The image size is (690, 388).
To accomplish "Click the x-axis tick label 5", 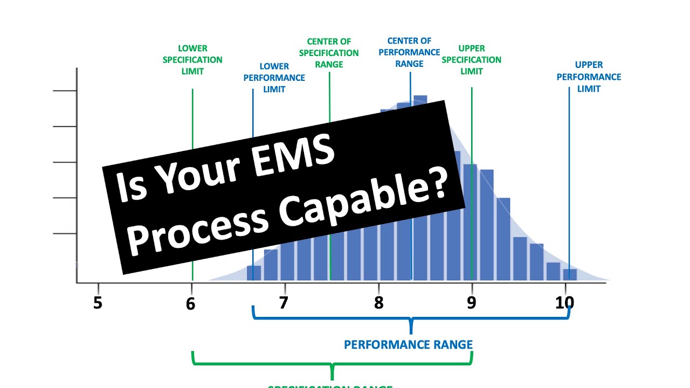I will pyautogui.click(x=98, y=303).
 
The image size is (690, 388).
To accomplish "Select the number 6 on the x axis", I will pyautogui.click(x=190, y=303).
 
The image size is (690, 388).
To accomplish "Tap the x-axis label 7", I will pyautogui.click(x=284, y=303).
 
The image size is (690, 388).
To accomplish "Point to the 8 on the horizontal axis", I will pyautogui.click(x=379, y=303).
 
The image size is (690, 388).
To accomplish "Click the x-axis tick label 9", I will pyautogui.click(x=472, y=303).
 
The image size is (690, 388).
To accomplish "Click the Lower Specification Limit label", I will pyautogui.click(x=192, y=60).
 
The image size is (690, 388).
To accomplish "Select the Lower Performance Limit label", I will pyautogui.click(x=274, y=78).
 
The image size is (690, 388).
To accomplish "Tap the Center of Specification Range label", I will pyautogui.click(x=329, y=53).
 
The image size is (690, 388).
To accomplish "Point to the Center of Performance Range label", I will pyautogui.click(x=410, y=52).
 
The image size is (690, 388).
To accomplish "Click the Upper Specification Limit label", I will pyautogui.click(x=472, y=59).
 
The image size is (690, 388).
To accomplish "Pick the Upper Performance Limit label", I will pyautogui.click(x=589, y=77).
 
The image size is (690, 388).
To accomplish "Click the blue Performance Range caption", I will pyautogui.click(x=408, y=344).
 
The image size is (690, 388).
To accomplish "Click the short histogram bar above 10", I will pyautogui.click(x=570, y=274).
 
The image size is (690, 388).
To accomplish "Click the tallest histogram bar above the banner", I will pyautogui.click(x=420, y=100).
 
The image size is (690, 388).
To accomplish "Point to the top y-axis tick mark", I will pyautogui.click(x=65, y=91).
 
